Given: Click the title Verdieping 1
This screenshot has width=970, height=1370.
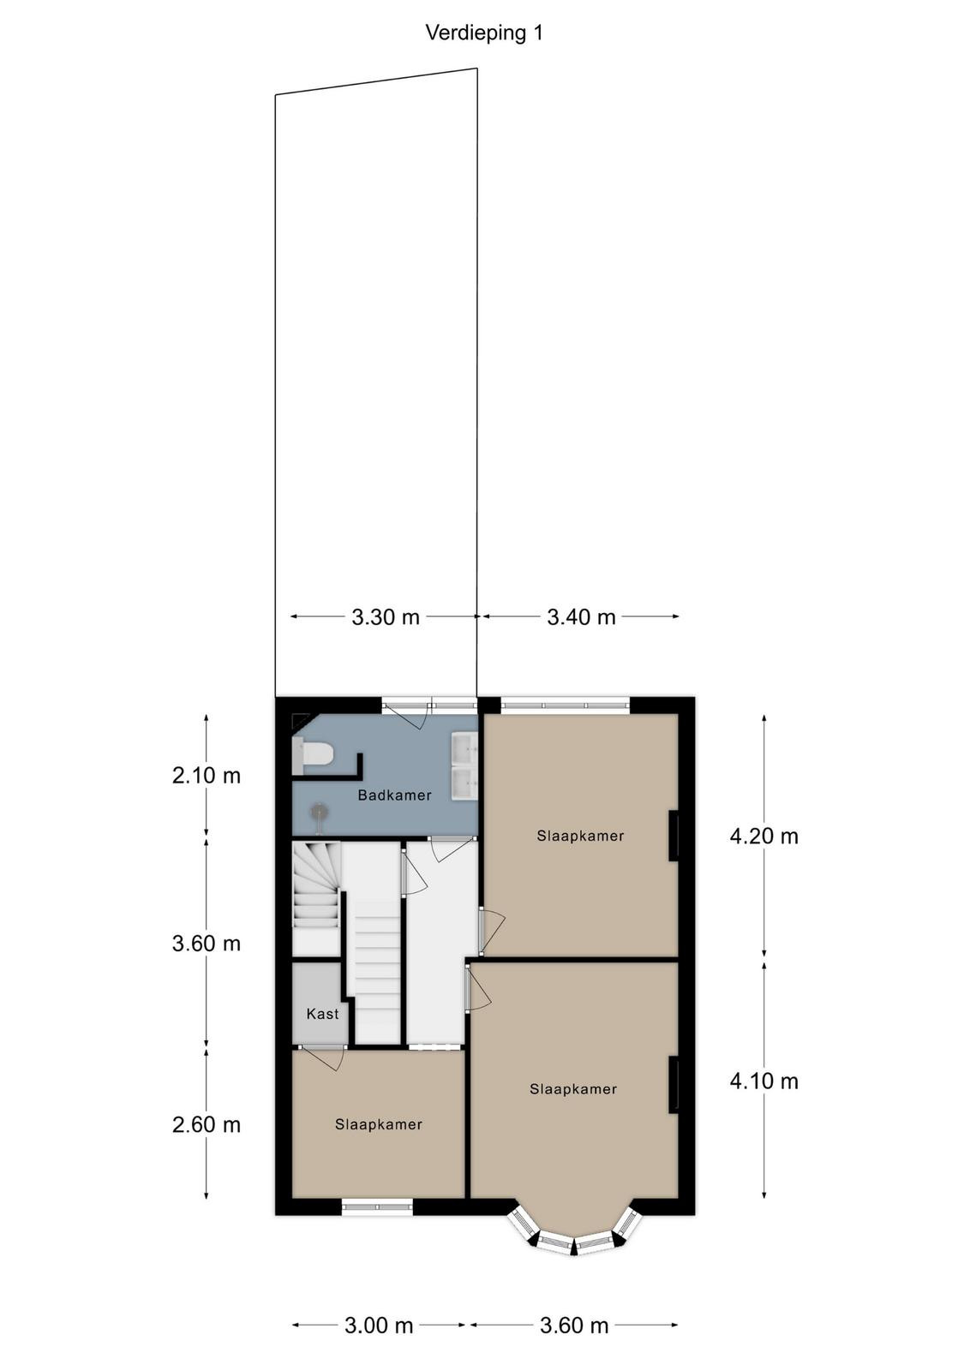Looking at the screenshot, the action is point(483,33).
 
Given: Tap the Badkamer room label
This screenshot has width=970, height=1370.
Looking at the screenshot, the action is point(395,795).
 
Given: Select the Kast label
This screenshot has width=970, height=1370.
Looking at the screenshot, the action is point(322,1014).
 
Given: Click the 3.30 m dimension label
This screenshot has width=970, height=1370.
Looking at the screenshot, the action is point(386,617).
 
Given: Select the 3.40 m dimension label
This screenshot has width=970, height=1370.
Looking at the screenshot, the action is point(581,617).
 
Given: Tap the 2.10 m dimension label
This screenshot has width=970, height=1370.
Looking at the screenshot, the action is point(207,776).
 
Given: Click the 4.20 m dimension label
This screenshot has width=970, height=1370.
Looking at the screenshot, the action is point(763,836).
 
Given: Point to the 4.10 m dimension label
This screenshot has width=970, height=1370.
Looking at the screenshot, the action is point(763,1082).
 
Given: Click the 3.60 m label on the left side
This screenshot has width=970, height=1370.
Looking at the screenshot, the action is point(207,944).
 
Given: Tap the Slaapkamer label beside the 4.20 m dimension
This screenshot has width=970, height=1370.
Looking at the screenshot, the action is point(580,836).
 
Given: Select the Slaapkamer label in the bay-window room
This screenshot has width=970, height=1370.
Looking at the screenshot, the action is point(573,1088).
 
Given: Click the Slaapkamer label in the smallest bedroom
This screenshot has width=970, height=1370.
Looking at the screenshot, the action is point(379,1124).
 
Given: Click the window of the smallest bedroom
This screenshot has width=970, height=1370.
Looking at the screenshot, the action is point(378,1206).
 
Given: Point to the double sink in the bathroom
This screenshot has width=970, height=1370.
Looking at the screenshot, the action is point(464,768).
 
